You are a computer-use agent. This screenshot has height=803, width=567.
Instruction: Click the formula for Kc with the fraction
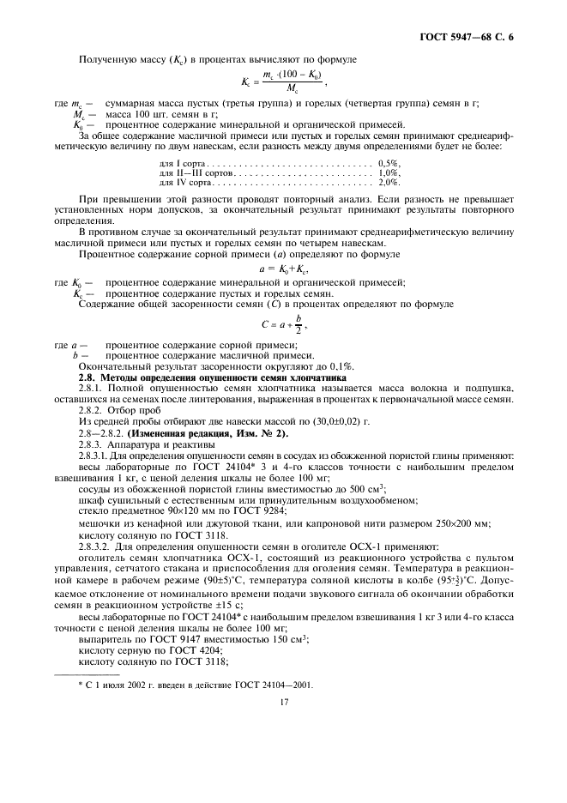[x=283, y=82]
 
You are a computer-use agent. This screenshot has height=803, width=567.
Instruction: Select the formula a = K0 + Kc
[x=283, y=269]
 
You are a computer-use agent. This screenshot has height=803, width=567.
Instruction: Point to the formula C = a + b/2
[x=283, y=324]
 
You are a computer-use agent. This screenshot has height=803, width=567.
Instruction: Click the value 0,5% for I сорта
[x=389, y=163]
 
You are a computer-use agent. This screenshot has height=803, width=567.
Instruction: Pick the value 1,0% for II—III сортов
[x=389, y=172]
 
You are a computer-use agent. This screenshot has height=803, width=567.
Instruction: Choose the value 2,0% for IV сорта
[x=389, y=182]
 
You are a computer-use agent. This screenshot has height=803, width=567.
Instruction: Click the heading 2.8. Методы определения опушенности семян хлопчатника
[x=212, y=377]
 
